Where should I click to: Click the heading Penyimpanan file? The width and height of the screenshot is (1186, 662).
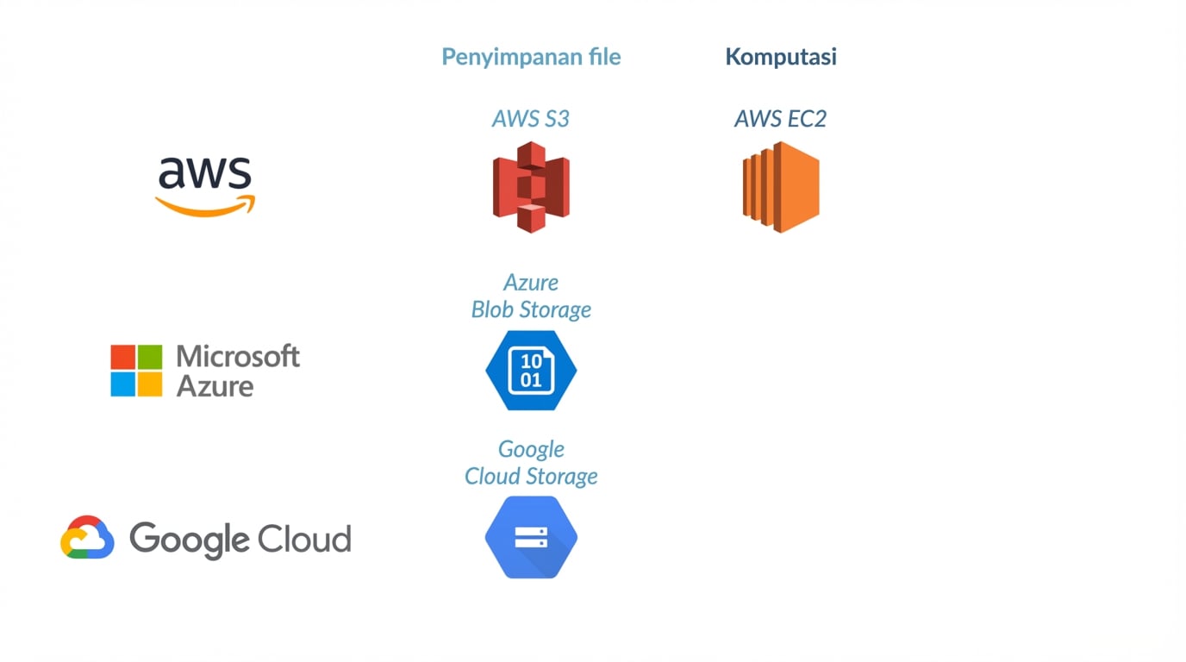point(531,57)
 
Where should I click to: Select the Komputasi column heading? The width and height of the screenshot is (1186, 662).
point(780,57)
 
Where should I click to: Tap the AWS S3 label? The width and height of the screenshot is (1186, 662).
point(530,119)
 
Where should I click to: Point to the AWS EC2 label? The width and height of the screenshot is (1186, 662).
point(780,119)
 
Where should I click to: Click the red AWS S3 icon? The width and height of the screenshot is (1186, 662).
point(531,187)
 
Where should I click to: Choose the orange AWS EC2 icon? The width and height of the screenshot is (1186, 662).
point(781,187)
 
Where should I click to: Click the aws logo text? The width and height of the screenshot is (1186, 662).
point(205,172)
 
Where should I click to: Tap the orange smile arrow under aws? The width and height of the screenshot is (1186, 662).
point(205,206)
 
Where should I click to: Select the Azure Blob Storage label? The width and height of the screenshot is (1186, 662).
point(531,296)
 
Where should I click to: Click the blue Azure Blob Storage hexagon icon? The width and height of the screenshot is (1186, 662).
point(531,371)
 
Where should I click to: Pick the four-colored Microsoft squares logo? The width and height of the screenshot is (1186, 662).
point(136,371)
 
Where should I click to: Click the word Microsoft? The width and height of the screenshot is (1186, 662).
point(238,356)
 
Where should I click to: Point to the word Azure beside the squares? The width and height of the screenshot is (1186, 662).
point(215,385)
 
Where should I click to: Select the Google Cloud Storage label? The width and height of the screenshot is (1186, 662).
point(531,463)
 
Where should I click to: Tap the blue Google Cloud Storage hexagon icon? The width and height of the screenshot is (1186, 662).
point(531,537)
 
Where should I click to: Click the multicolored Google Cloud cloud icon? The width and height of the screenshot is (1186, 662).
point(87,538)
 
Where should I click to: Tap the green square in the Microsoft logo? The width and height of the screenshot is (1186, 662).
point(149,358)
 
